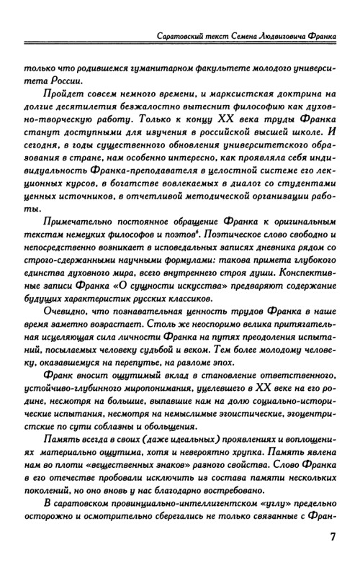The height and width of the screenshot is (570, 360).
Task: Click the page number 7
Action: pos(332,538)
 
